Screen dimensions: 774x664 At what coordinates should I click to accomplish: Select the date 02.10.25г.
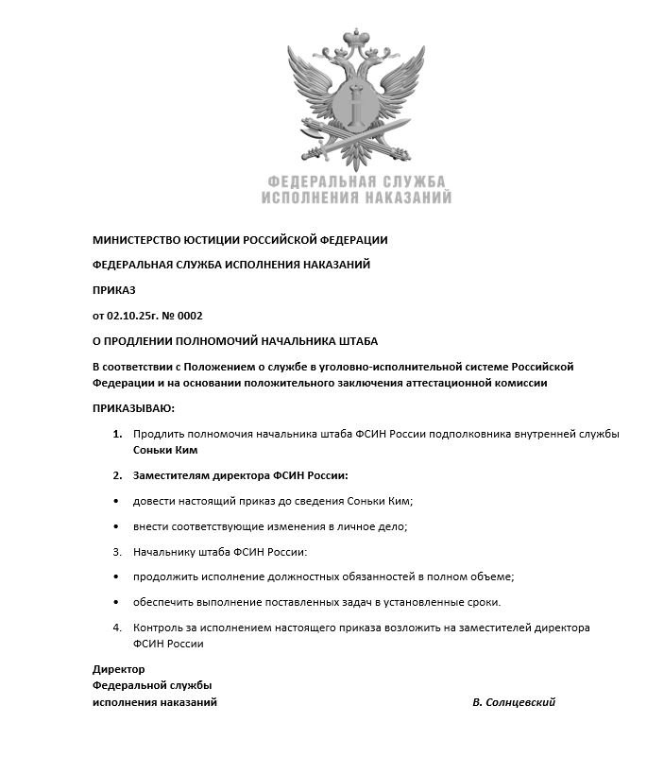click(x=135, y=316)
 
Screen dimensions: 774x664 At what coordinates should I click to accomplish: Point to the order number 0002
click(x=189, y=316)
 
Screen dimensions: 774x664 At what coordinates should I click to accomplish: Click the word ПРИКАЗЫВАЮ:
click(x=133, y=408)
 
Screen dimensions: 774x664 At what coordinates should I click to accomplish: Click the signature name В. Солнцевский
click(x=514, y=702)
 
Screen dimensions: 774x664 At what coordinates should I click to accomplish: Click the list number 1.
click(x=117, y=434)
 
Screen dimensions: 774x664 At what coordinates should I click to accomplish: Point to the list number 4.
click(x=117, y=628)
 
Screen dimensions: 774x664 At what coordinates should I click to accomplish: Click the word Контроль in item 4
click(x=160, y=628)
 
